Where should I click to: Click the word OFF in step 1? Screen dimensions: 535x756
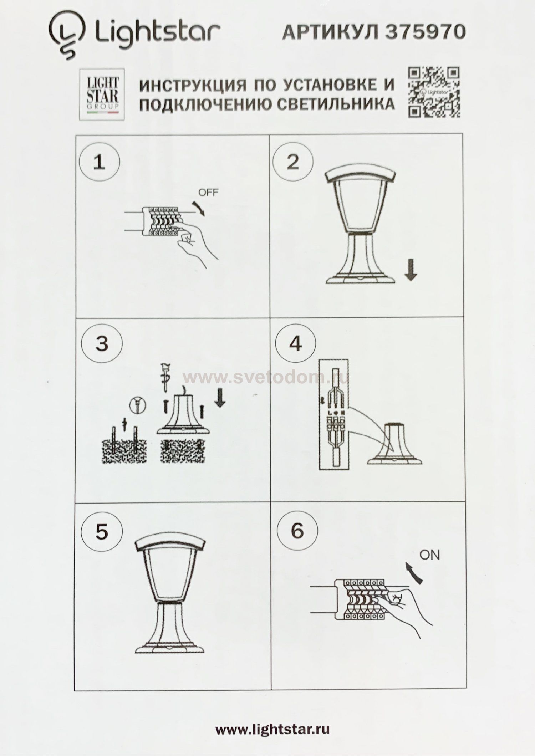coord(208,193)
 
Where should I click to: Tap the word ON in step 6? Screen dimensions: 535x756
coord(429,555)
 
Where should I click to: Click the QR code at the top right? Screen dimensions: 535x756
coord(434,92)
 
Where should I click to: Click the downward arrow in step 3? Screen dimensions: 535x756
coord(220,397)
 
